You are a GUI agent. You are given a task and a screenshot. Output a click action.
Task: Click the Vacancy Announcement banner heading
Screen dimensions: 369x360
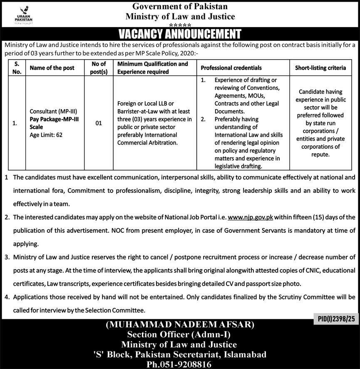[x=180, y=34]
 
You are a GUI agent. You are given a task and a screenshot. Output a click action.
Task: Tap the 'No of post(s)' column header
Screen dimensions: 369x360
[x=98, y=67]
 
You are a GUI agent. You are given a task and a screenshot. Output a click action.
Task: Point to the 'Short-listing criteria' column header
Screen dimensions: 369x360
[x=320, y=67]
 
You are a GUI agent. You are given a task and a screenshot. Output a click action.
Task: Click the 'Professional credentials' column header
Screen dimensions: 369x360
[x=231, y=67]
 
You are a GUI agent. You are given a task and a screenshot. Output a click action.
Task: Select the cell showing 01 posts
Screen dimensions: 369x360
[x=98, y=123]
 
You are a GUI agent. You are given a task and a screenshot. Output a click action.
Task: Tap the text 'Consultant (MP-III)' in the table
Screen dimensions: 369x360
[x=53, y=112]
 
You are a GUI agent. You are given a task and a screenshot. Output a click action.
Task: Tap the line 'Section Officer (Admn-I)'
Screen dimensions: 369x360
[x=179, y=334]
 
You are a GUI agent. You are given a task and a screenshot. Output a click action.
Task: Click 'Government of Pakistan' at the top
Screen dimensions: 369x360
[x=179, y=6]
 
